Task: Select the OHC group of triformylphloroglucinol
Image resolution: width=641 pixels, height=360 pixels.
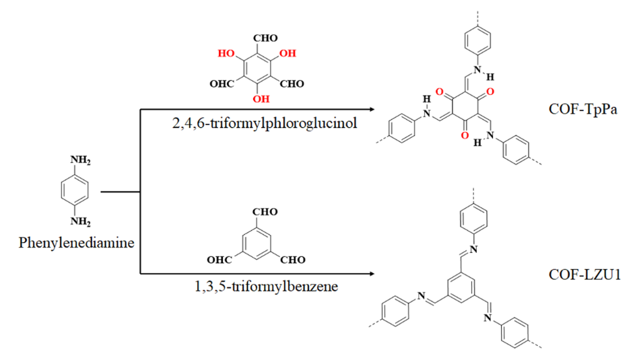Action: [222, 85]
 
